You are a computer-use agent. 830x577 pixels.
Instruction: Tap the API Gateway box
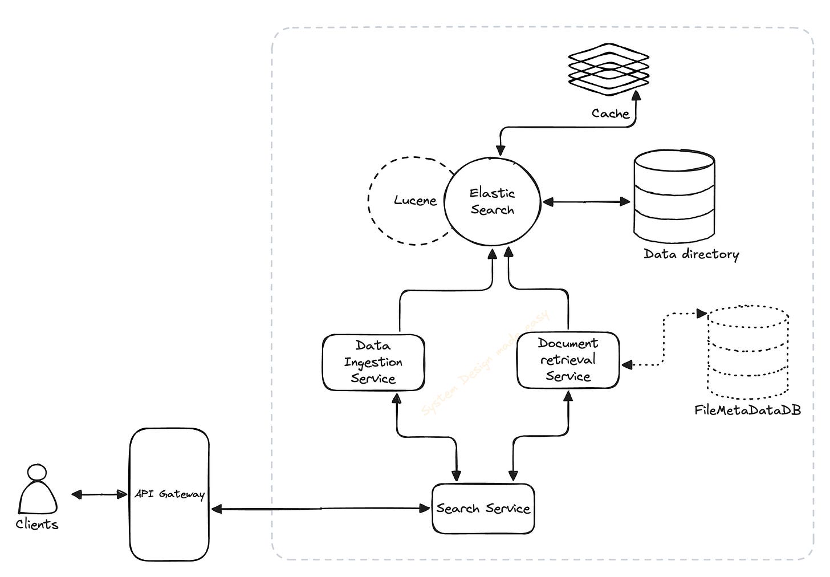pyautogui.click(x=169, y=494)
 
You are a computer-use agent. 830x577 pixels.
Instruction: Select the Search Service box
pyautogui.click(x=483, y=508)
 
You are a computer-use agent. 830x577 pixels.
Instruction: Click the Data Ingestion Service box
pyautogui.click(x=373, y=362)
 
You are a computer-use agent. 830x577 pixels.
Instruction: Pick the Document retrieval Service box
pyautogui.click(x=568, y=360)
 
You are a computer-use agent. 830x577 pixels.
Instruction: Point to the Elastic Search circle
pyautogui.click(x=492, y=201)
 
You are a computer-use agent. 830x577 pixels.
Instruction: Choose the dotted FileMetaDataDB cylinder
pyautogui.click(x=748, y=353)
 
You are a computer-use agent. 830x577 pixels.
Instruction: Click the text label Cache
pyautogui.click(x=610, y=113)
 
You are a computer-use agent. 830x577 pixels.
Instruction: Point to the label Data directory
pyautogui.click(x=691, y=254)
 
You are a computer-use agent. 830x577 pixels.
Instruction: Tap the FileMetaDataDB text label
pyautogui.click(x=747, y=410)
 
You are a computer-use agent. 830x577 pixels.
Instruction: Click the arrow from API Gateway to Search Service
pyautogui.click(x=319, y=508)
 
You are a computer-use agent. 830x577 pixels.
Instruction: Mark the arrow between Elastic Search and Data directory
pyautogui.click(x=586, y=201)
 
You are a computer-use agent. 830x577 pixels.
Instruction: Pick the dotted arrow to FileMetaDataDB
pyautogui.click(x=663, y=342)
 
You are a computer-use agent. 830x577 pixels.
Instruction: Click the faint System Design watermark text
pyautogui.click(x=485, y=365)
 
